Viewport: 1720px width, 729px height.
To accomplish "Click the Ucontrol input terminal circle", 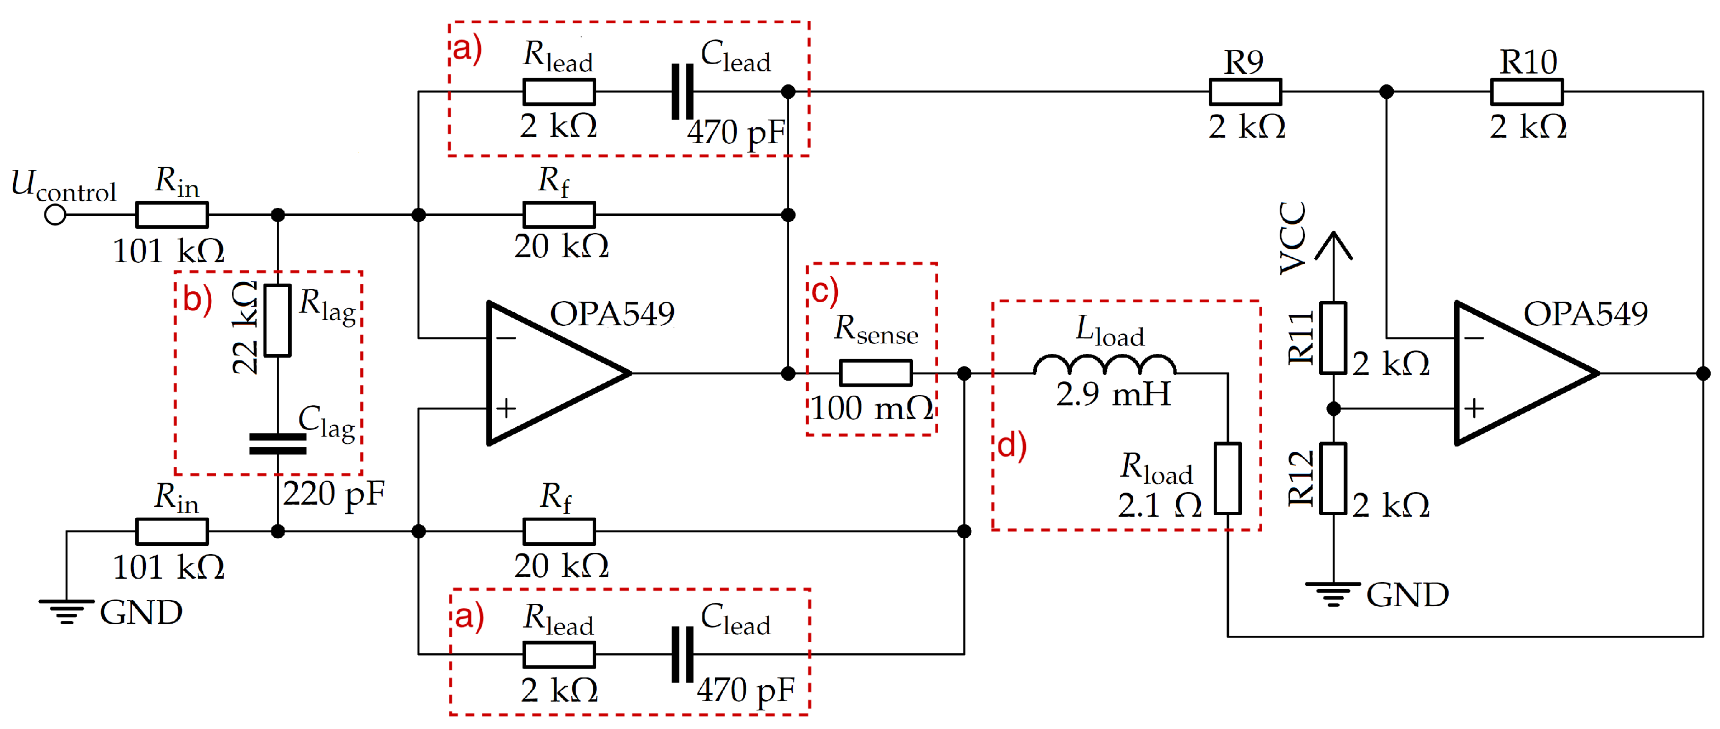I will pyautogui.click(x=55, y=214).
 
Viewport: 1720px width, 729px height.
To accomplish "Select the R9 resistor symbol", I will pyautogui.click(x=1245, y=92).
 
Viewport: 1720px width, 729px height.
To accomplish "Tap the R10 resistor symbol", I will pyautogui.click(x=1526, y=92).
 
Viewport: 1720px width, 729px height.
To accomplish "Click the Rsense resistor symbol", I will pyautogui.click(x=876, y=373).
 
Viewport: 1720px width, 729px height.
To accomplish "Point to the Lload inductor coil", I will pyautogui.click(x=1104, y=365).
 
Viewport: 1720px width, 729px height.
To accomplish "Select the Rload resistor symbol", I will pyautogui.click(x=1227, y=478).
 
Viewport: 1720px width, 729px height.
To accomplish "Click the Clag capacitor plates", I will pyautogui.click(x=278, y=444).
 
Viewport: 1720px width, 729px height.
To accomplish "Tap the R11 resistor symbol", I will pyautogui.click(x=1333, y=337).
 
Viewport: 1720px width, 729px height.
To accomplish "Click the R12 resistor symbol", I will pyautogui.click(x=1333, y=478).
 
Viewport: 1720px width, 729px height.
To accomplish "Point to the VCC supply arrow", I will pyautogui.click(x=1333, y=246).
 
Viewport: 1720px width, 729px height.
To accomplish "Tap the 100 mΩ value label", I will pyautogui.click(x=871, y=408).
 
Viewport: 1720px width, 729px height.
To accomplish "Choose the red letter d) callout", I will pyautogui.click(x=1012, y=446).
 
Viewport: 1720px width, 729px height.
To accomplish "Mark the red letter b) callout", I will pyautogui.click(x=197, y=299).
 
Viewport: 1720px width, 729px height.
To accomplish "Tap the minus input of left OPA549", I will pyautogui.click(x=506, y=338).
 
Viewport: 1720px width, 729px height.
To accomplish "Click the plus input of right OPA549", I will pyautogui.click(x=1474, y=408).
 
